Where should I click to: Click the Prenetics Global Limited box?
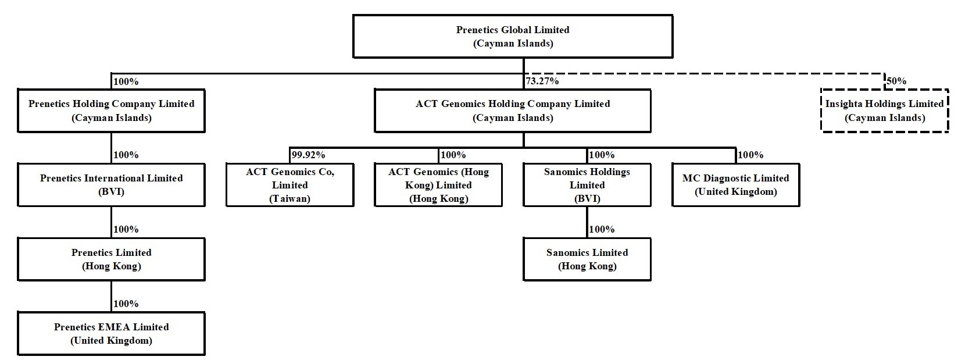tap(513, 37)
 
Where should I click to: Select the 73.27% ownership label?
tap(542, 81)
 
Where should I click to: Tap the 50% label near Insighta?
tap(896, 81)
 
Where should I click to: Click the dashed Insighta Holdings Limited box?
tap(884, 111)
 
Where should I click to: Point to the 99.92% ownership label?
tap(308, 155)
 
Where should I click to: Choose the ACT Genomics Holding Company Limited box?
tap(513, 111)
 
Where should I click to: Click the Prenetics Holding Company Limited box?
tap(111, 111)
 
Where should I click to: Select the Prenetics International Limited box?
tap(111, 185)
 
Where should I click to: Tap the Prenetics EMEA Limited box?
tap(111, 334)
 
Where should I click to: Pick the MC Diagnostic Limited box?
tap(735, 185)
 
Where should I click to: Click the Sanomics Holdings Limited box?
tap(587, 185)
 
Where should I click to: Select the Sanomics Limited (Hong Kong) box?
tap(587, 259)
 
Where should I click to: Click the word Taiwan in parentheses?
tap(289, 199)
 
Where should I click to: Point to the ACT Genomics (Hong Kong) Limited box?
tap(438, 185)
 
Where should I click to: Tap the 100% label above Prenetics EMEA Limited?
tap(126, 304)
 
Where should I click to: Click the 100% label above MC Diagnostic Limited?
tap(750, 155)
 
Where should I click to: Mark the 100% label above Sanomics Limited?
tap(602, 230)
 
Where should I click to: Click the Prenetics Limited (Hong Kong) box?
tap(111, 259)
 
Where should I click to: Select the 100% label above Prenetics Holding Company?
tap(126, 81)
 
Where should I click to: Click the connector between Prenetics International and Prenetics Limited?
tap(111, 222)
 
